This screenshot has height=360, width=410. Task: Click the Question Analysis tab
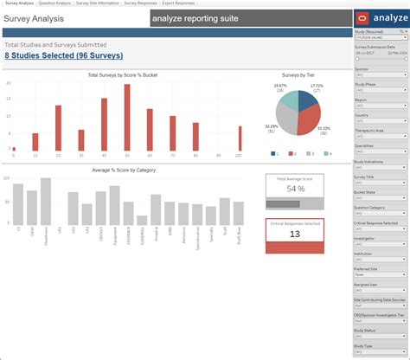coord(55,3)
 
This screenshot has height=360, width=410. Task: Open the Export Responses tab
coord(179,3)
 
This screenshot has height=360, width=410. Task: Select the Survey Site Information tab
coord(98,3)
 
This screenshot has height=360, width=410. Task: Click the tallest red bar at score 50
coord(126,119)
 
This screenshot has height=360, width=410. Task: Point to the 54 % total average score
coord(295,188)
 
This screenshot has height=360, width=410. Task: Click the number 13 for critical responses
coord(295,234)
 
